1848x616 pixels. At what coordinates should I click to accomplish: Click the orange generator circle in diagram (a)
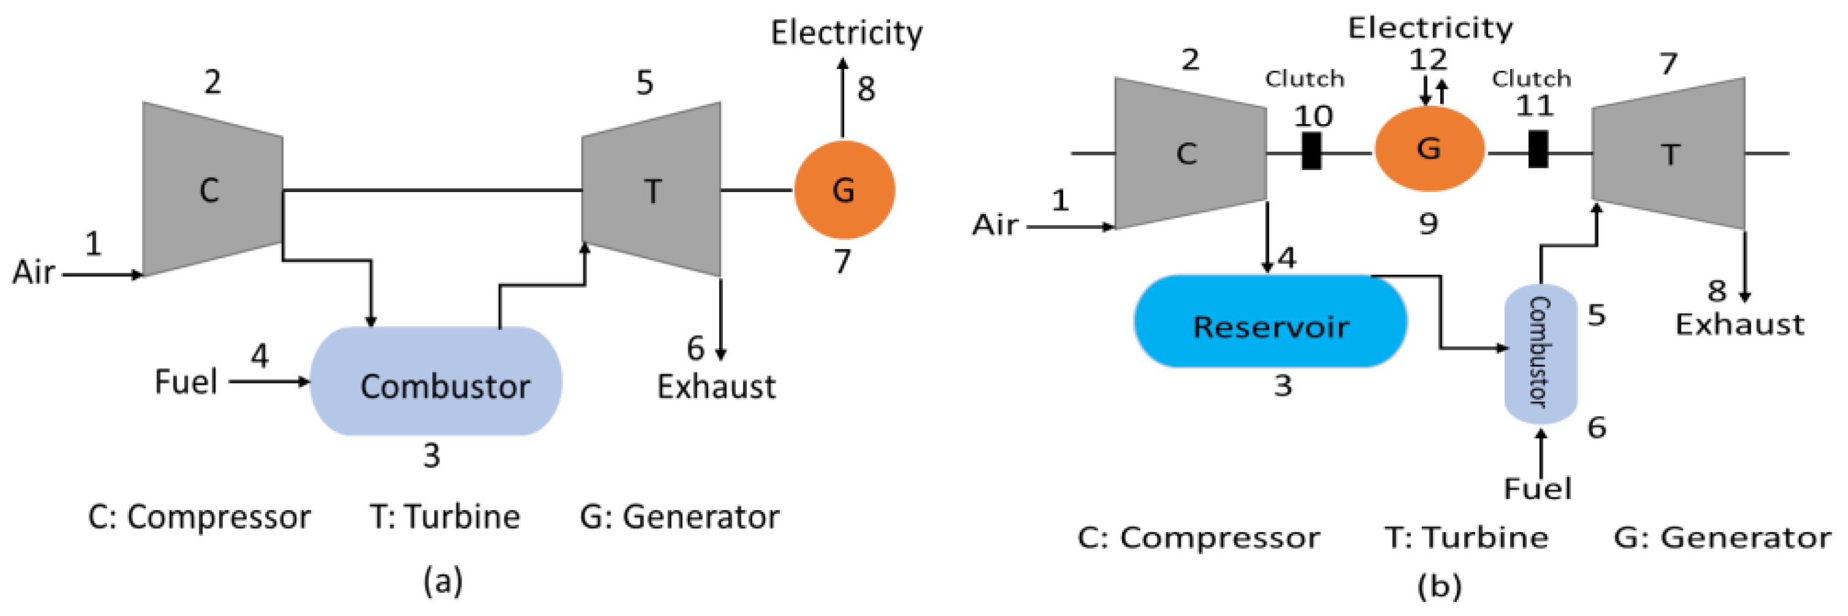click(x=844, y=190)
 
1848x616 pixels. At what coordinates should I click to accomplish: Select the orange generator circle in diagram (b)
click(x=1428, y=149)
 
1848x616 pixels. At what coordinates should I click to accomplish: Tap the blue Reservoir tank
click(x=1270, y=322)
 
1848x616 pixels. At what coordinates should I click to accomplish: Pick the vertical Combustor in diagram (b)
click(x=1539, y=354)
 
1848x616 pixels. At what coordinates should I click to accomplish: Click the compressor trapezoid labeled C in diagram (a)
click(x=212, y=189)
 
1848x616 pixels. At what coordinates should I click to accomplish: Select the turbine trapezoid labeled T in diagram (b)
click(x=1669, y=154)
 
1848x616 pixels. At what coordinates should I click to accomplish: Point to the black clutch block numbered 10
click(x=1311, y=150)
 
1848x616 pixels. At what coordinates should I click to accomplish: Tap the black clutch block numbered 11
click(x=1538, y=149)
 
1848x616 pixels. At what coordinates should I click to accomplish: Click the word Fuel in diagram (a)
click(x=186, y=382)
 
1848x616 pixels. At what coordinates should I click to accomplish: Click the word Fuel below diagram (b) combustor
click(x=1536, y=489)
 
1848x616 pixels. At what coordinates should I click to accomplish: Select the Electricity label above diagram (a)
click(x=847, y=33)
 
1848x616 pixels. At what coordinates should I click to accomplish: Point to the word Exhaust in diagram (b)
click(x=1739, y=325)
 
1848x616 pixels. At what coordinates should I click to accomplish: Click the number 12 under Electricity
click(x=1427, y=59)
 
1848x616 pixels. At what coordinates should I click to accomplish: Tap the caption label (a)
click(x=443, y=579)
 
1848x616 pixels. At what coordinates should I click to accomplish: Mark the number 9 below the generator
click(x=1427, y=225)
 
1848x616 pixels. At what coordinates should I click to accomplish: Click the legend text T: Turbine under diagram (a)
click(x=445, y=517)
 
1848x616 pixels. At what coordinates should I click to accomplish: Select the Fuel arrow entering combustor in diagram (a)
click(x=269, y=382)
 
